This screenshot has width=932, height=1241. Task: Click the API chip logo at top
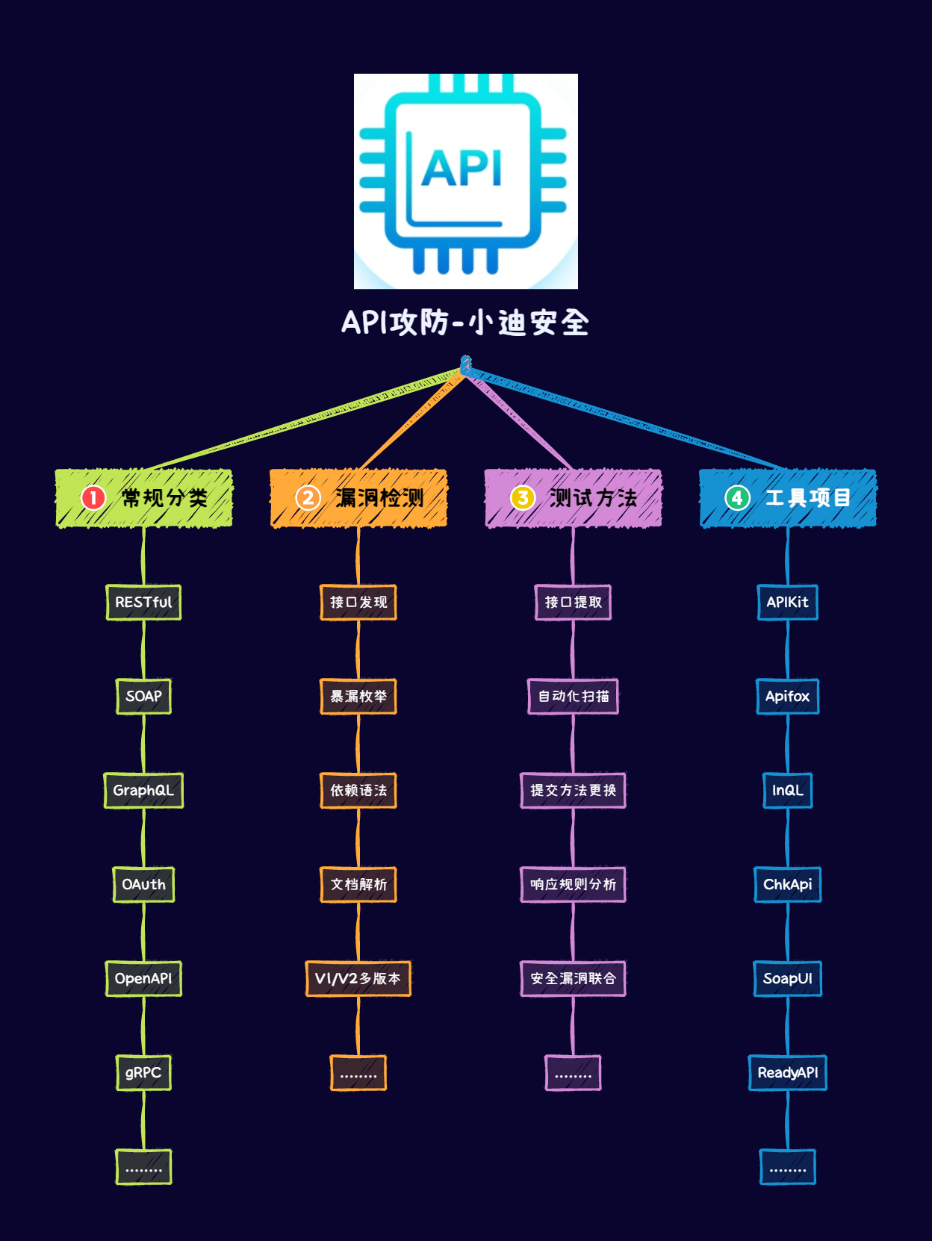click(x=465, y=181)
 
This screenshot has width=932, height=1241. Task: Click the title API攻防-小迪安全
click(x=465, y=323)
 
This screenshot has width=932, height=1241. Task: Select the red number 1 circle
click(x=93, y=497)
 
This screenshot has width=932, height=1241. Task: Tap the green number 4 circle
click(x=737, y=497)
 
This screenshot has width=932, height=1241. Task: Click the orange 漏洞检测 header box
click(x=358, y=498)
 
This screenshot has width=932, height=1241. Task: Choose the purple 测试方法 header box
click(x=573, y=498)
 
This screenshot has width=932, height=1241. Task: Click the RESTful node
click(x=143, y=603)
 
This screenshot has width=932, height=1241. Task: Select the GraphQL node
click(x=143, y=791)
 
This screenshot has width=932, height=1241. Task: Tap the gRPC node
click(x=143, y=1073)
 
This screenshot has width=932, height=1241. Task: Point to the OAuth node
click(x=143, y=885)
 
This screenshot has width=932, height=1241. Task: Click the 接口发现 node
click(x=358, y=603)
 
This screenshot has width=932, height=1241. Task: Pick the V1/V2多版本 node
click(x=358, y=979)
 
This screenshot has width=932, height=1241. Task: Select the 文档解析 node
click(x=358, y=885)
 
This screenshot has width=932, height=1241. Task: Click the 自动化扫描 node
click(x=573, y=697)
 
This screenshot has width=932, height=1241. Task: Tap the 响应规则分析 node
click(x=573, y=885)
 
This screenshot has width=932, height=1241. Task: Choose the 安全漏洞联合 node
click(x=573, y=979)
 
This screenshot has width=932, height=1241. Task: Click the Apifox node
click(x=788, y=697)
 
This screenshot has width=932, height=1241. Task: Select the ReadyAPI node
click(x=788, y=1073)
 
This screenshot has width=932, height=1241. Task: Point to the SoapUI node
click(x=788, y=979)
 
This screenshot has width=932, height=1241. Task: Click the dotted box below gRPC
click(x=143, y=1167)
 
